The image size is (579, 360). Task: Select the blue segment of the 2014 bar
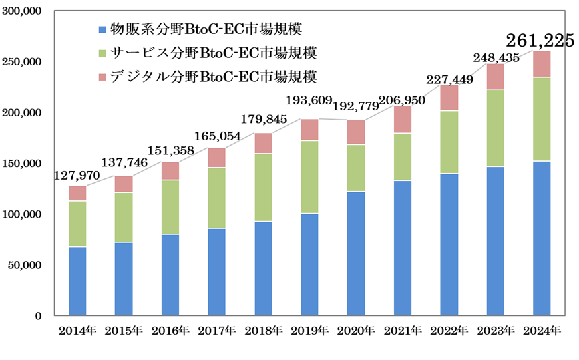77,280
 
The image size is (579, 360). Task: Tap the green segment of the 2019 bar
310,177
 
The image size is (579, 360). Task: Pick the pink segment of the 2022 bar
450,98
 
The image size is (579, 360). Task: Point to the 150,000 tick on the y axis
24,164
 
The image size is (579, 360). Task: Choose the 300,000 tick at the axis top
24,11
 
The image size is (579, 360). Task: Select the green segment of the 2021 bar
403,157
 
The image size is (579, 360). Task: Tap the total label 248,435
496,58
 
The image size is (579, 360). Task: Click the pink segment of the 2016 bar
170,171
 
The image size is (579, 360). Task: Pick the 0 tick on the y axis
39,316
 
